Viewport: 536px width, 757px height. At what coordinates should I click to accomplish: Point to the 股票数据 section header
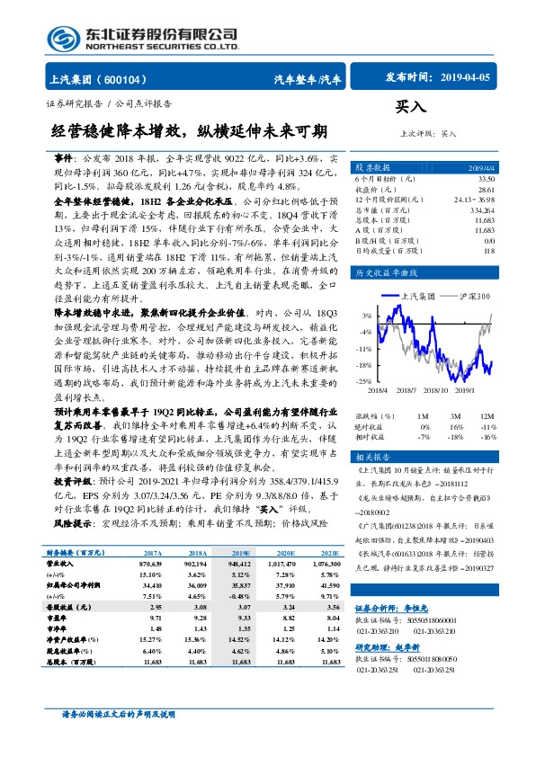point(371,167)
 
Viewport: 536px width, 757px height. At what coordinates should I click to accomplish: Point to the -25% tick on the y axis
point(366,382)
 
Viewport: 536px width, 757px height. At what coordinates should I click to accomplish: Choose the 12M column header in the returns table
point(488,416)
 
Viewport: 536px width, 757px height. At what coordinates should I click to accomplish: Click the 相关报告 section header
point(371,457)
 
